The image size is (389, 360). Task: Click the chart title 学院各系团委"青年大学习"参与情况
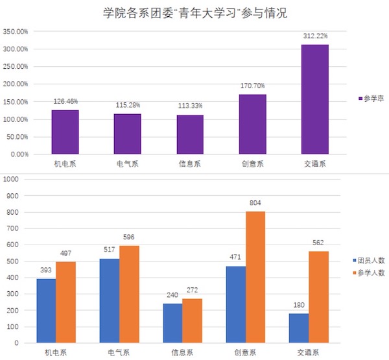194,13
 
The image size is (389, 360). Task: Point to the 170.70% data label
252,86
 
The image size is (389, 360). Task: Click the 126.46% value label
65,101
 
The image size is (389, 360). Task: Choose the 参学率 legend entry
371,99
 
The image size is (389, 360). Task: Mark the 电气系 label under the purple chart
127,164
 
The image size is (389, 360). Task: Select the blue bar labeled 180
300,328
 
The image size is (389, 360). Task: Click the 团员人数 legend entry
371,260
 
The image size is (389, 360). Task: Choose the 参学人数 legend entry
371,273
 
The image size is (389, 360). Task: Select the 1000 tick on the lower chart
12,179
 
